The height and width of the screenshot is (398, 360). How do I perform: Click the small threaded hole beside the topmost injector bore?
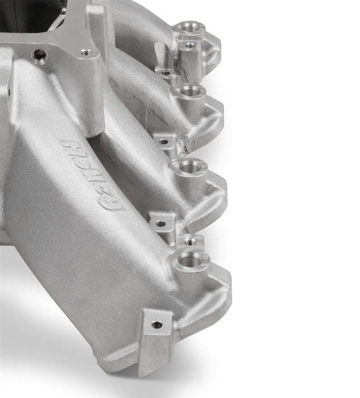(189, 44)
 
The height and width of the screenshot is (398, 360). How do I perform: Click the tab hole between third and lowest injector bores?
(160, 223)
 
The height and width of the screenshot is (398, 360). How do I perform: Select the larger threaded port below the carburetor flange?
(39, 55)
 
